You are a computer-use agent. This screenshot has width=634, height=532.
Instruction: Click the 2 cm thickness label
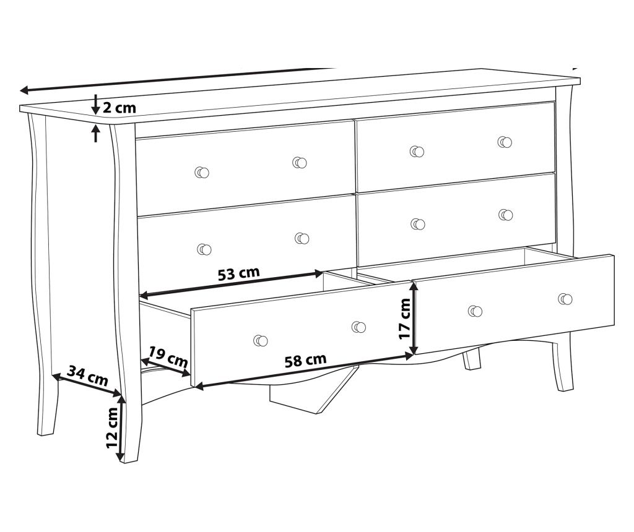point(119,108)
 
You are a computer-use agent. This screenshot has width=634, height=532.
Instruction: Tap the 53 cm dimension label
point(238,273)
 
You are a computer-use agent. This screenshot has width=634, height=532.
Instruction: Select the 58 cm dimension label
point(305,360)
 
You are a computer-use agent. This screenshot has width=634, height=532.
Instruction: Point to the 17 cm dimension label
point(405,319)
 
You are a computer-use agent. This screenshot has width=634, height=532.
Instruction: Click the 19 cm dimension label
point(167,357)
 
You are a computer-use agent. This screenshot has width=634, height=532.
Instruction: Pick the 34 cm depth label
point(88,375)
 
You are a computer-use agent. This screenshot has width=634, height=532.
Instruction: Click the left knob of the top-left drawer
point(202,173)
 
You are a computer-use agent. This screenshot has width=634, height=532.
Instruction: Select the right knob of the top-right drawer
point(505,142)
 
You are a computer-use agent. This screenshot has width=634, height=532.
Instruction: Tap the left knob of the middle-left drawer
point(204,249)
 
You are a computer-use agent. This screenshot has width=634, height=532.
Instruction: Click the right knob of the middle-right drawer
point(505,215)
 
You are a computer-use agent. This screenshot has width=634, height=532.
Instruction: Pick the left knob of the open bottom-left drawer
point(261,340)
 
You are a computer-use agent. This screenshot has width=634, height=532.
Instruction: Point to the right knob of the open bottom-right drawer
point(565,299)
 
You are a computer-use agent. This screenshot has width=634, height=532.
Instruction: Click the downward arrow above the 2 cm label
point(95,104)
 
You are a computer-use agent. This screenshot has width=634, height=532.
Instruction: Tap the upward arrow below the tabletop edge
point(95,134)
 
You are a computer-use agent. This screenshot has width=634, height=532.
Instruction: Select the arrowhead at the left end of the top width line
point(24,90)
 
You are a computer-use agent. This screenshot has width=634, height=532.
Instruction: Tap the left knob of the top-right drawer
point(417,152)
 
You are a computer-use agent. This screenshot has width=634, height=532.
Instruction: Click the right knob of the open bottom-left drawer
point(358,327)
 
